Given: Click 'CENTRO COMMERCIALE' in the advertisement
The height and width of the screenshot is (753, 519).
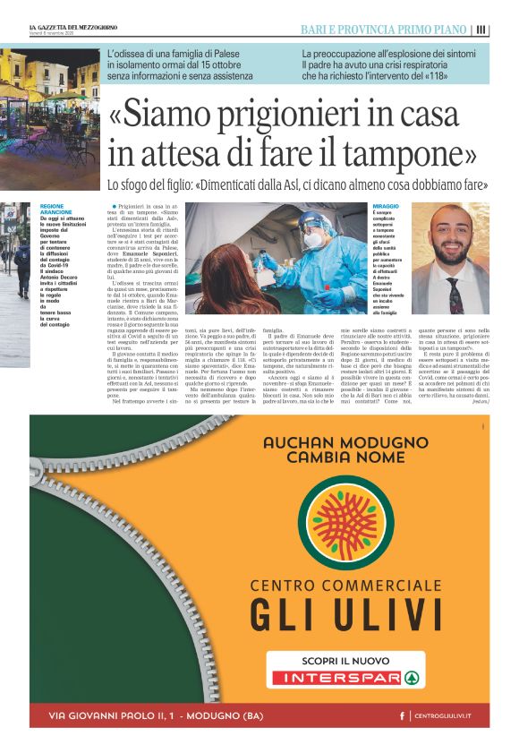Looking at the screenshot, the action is pos(345,586).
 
